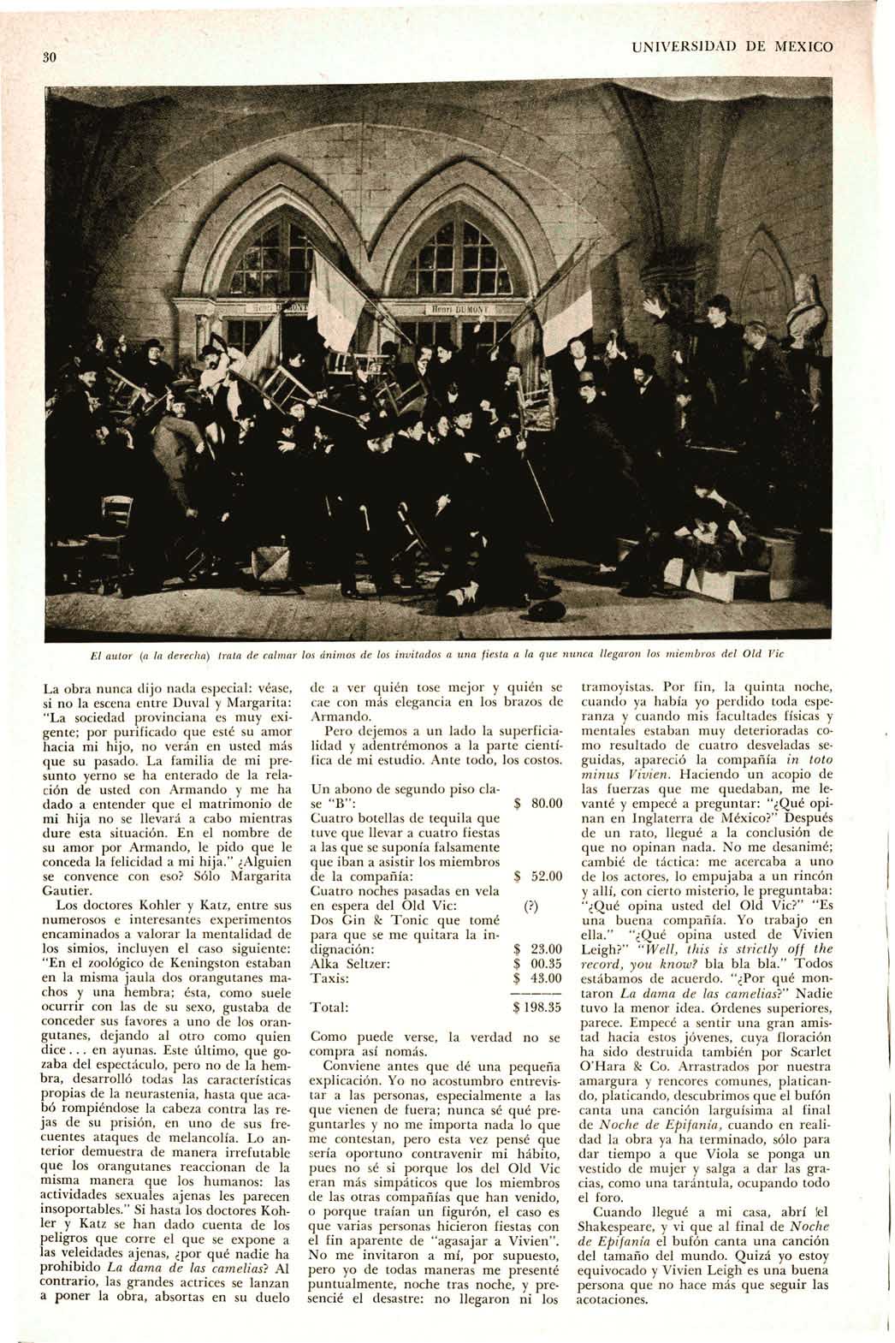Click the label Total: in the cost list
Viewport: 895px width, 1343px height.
coord(330,1007)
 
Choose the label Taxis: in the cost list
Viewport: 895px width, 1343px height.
coord(330,978)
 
